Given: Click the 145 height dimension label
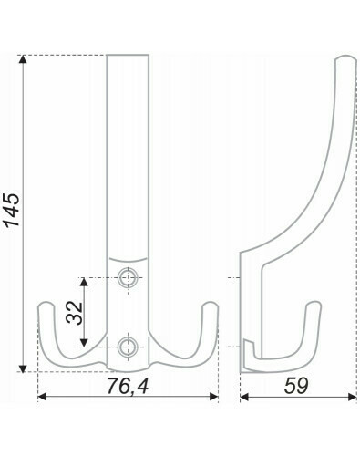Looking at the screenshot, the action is (x=12, y=210).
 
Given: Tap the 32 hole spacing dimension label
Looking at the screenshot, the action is (x=75, y=312).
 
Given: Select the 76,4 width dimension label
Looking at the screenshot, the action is (x=128, y=386).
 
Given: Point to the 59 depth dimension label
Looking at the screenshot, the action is (x=296, y=386).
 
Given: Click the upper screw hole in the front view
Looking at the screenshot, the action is (x=129, y=277).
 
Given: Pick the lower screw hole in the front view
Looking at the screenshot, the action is (x=129, y=347).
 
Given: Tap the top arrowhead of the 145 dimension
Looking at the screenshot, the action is (x=23, y=59).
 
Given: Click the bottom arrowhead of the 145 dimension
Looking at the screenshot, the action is (x=23, y=368).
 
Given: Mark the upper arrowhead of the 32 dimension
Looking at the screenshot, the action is (x=84, y=283).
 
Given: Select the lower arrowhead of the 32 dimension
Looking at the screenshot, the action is (x=84, y=342).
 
